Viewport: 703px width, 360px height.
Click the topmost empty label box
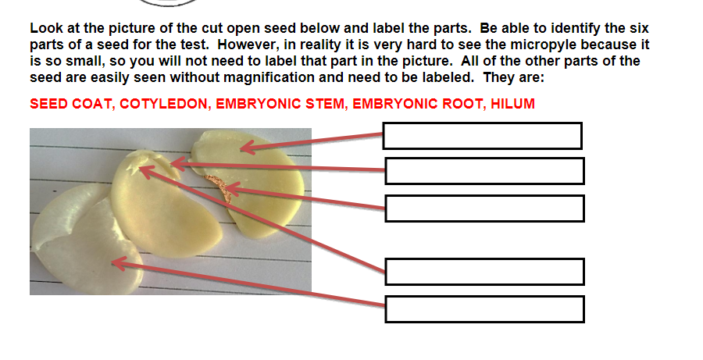point(482,136)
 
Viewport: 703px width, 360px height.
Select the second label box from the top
point(484,171)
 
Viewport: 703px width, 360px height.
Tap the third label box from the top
point(484,209)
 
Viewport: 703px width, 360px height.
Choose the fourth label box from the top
point(484,272)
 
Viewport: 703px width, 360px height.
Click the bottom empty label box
point(484,308)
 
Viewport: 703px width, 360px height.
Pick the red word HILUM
point(513,104)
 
